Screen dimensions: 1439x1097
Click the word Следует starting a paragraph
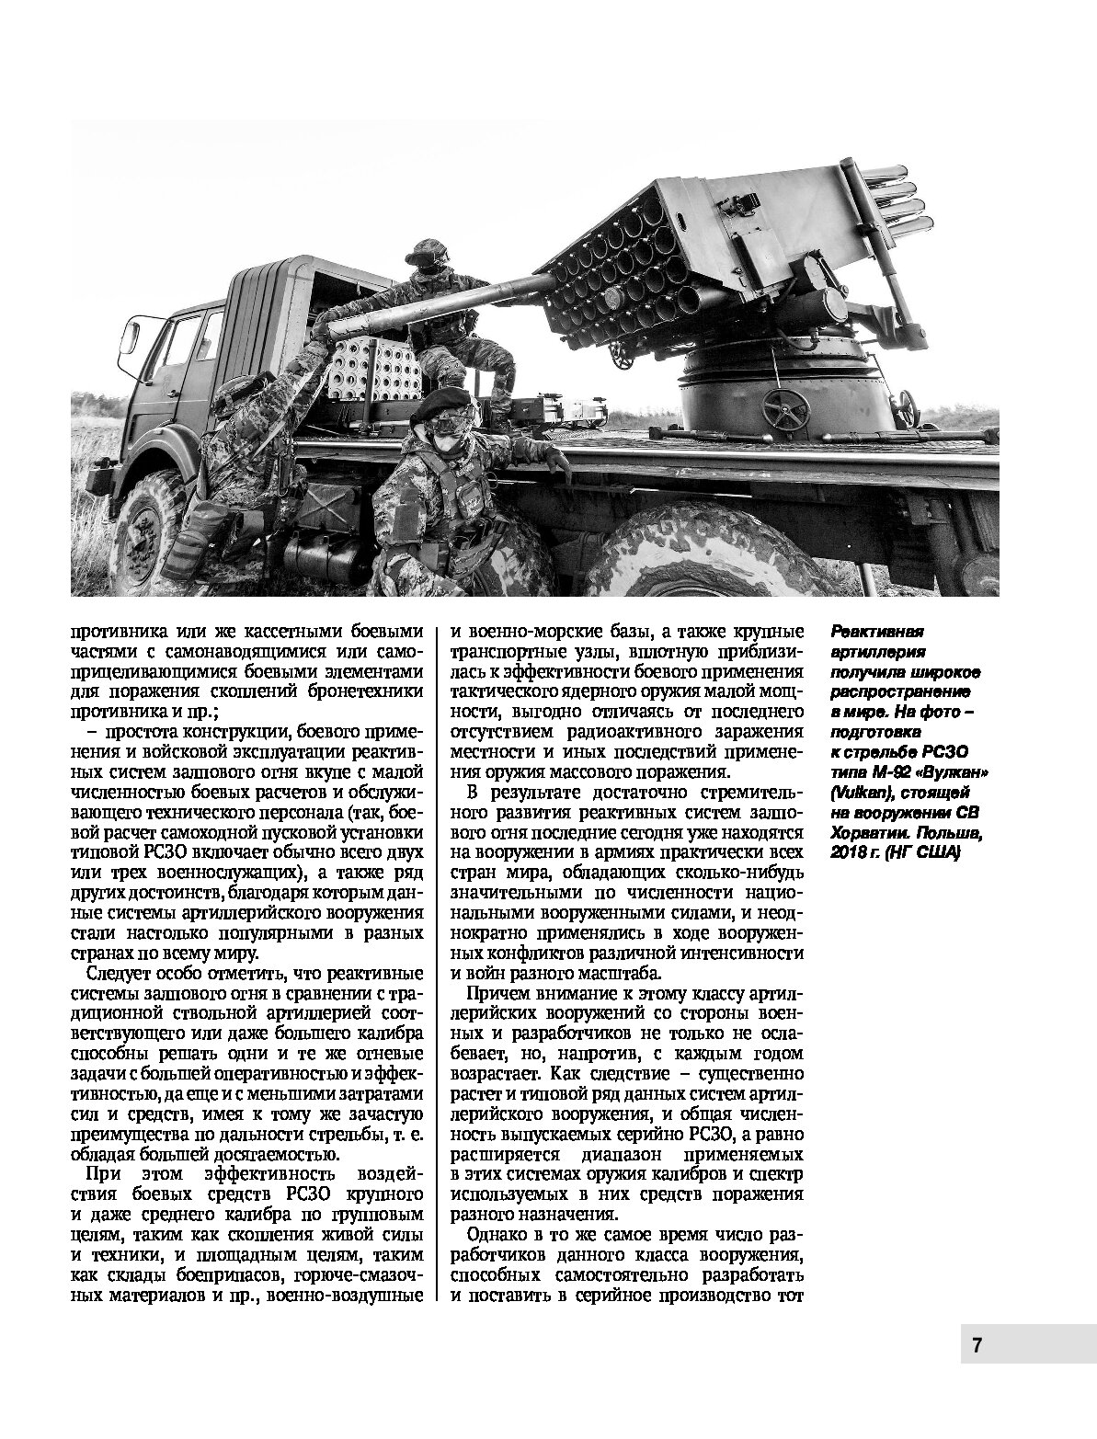point(117,974)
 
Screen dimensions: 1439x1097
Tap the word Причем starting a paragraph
point(498,994)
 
